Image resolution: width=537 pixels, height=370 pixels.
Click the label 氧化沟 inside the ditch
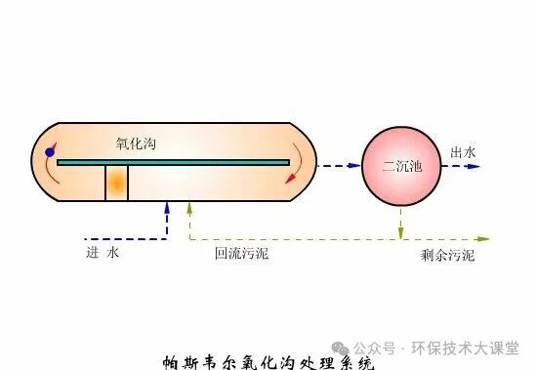[x=136, y=144]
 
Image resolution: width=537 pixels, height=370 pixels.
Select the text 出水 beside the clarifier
[x=463, y=152]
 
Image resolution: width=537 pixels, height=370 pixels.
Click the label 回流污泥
[x=242, y=253]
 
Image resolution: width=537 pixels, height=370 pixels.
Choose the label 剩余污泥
[x=447, y=255]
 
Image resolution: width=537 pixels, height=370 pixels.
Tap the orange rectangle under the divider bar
[x=116, y=183]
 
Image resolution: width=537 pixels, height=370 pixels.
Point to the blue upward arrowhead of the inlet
[x=168, y=208]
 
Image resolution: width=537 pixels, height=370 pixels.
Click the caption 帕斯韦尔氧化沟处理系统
[x=268, y=362]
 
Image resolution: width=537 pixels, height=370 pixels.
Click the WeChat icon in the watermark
[x=339, y=348]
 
